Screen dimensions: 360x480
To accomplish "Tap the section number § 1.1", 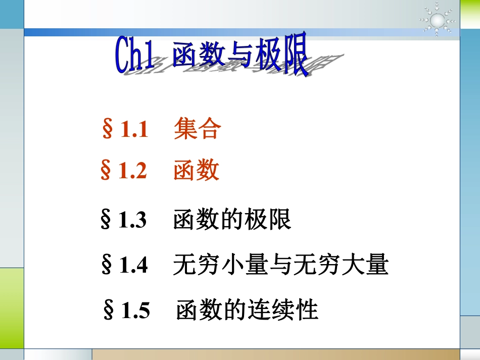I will [125, 129].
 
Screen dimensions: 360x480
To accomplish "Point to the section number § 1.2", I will [124, 171].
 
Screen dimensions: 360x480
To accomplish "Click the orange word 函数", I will [197, 171].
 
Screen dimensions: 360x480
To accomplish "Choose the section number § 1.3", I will [124, 220].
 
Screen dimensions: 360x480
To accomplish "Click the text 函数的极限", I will [232, 220].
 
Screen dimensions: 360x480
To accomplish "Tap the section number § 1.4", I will [125, 265].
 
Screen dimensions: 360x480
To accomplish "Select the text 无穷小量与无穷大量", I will [280, 265].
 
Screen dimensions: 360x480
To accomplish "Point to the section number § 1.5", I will [126, 310].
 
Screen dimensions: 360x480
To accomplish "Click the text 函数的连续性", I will [247, 310].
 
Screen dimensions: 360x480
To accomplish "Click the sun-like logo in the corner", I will [438, 20].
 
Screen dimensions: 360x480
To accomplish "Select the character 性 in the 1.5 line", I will [308, 310].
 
